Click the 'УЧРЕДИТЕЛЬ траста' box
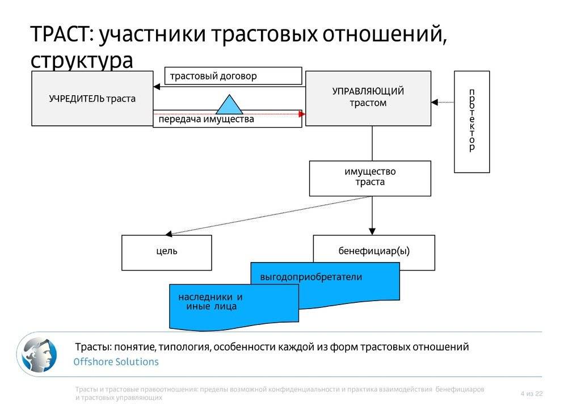point(92,98)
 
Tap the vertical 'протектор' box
point(471,121)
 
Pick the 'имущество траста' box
point(370,177)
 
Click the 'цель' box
point(166,252)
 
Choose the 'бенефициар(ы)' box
point(374,252)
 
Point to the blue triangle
point(229,106)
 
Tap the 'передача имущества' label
point(207,120)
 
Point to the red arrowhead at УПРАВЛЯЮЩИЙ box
point(302,115)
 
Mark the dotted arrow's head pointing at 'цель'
point(168,233)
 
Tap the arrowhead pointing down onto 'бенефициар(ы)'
point(372,231)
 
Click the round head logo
point(37,354)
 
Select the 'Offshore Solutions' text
point(116,362)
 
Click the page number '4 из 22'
point(531,394)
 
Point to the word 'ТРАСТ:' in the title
point(61,35)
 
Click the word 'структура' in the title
point(82,60)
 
